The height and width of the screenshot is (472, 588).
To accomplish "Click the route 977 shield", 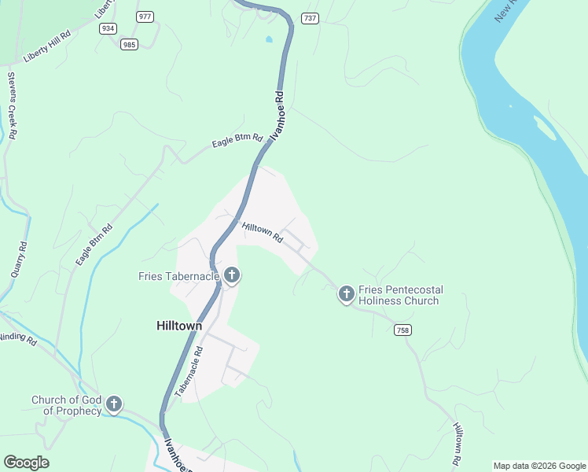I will click(x=145, y=17).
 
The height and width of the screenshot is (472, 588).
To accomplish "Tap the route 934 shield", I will click(x=108, y=28).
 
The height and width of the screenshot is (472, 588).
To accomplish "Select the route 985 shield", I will click(x=130, y=44).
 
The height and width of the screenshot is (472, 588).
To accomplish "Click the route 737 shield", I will click(x=310, y=17).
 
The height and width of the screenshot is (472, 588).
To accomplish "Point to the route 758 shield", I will click(x=403, y=330).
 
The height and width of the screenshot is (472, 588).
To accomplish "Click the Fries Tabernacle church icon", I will click(x=232, y=275).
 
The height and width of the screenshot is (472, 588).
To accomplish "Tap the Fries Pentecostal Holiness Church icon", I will click(x=346, y=294).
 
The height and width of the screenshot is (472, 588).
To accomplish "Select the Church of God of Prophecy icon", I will click(x=114, y=405).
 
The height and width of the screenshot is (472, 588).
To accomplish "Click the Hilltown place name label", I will click(x=178, y=326).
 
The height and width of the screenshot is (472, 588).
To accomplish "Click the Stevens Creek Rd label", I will click(x=13, y=106).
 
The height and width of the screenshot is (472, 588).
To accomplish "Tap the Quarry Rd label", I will click(x=19, y=259).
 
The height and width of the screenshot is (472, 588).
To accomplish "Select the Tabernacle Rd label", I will click(x=189, y=372).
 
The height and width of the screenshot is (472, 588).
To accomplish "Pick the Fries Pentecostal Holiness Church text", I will click(x=399, y=295).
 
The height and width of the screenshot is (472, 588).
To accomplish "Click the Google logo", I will click(x=26, y=463).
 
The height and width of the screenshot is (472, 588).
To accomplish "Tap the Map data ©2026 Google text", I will click(x=539, y=466).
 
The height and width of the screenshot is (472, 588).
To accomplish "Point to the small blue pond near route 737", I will click(x=270, y=39).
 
